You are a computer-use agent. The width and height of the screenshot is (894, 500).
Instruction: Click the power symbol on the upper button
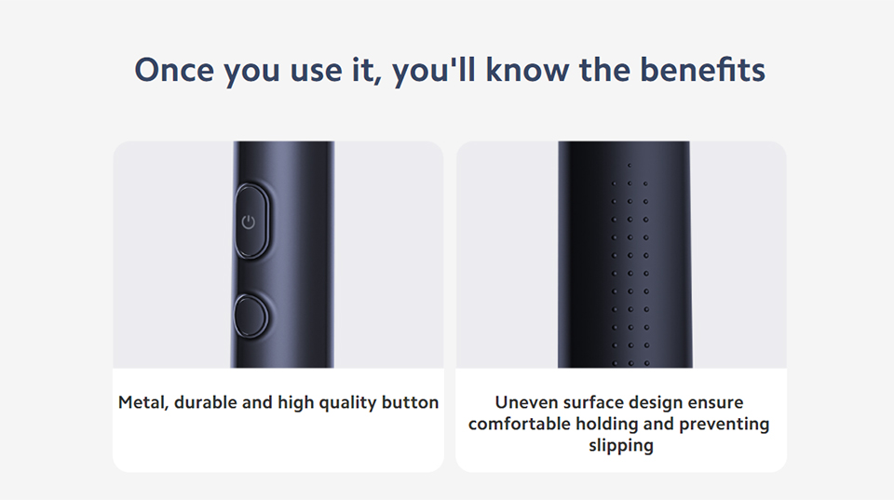pyautogui.click(x=248, y=222)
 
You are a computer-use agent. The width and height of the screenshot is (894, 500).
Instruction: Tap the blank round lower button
pyautogui.click(x=251, y=316)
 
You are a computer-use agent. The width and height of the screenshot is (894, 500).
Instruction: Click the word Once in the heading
pyautogui.click(x=174, y=70)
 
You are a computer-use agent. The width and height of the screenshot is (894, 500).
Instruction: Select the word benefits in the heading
pyautogui.click(x=702, y=70)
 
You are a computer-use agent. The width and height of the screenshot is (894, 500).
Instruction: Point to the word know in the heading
pyautogui.click(x=527, y=70)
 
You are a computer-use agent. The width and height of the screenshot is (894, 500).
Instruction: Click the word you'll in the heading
pyautogui.click(x=434, y=71)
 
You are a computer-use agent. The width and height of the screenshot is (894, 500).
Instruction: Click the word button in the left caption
pyautogui.click(x=410, y=402)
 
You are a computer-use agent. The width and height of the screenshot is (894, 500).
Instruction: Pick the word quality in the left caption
pyautogui.click(x=347, y=403)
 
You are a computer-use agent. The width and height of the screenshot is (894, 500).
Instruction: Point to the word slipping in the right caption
pyautogui.click(x=621, y=446)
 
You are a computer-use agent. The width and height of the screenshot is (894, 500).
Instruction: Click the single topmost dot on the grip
pyautogui.click(x=630, y=166)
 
